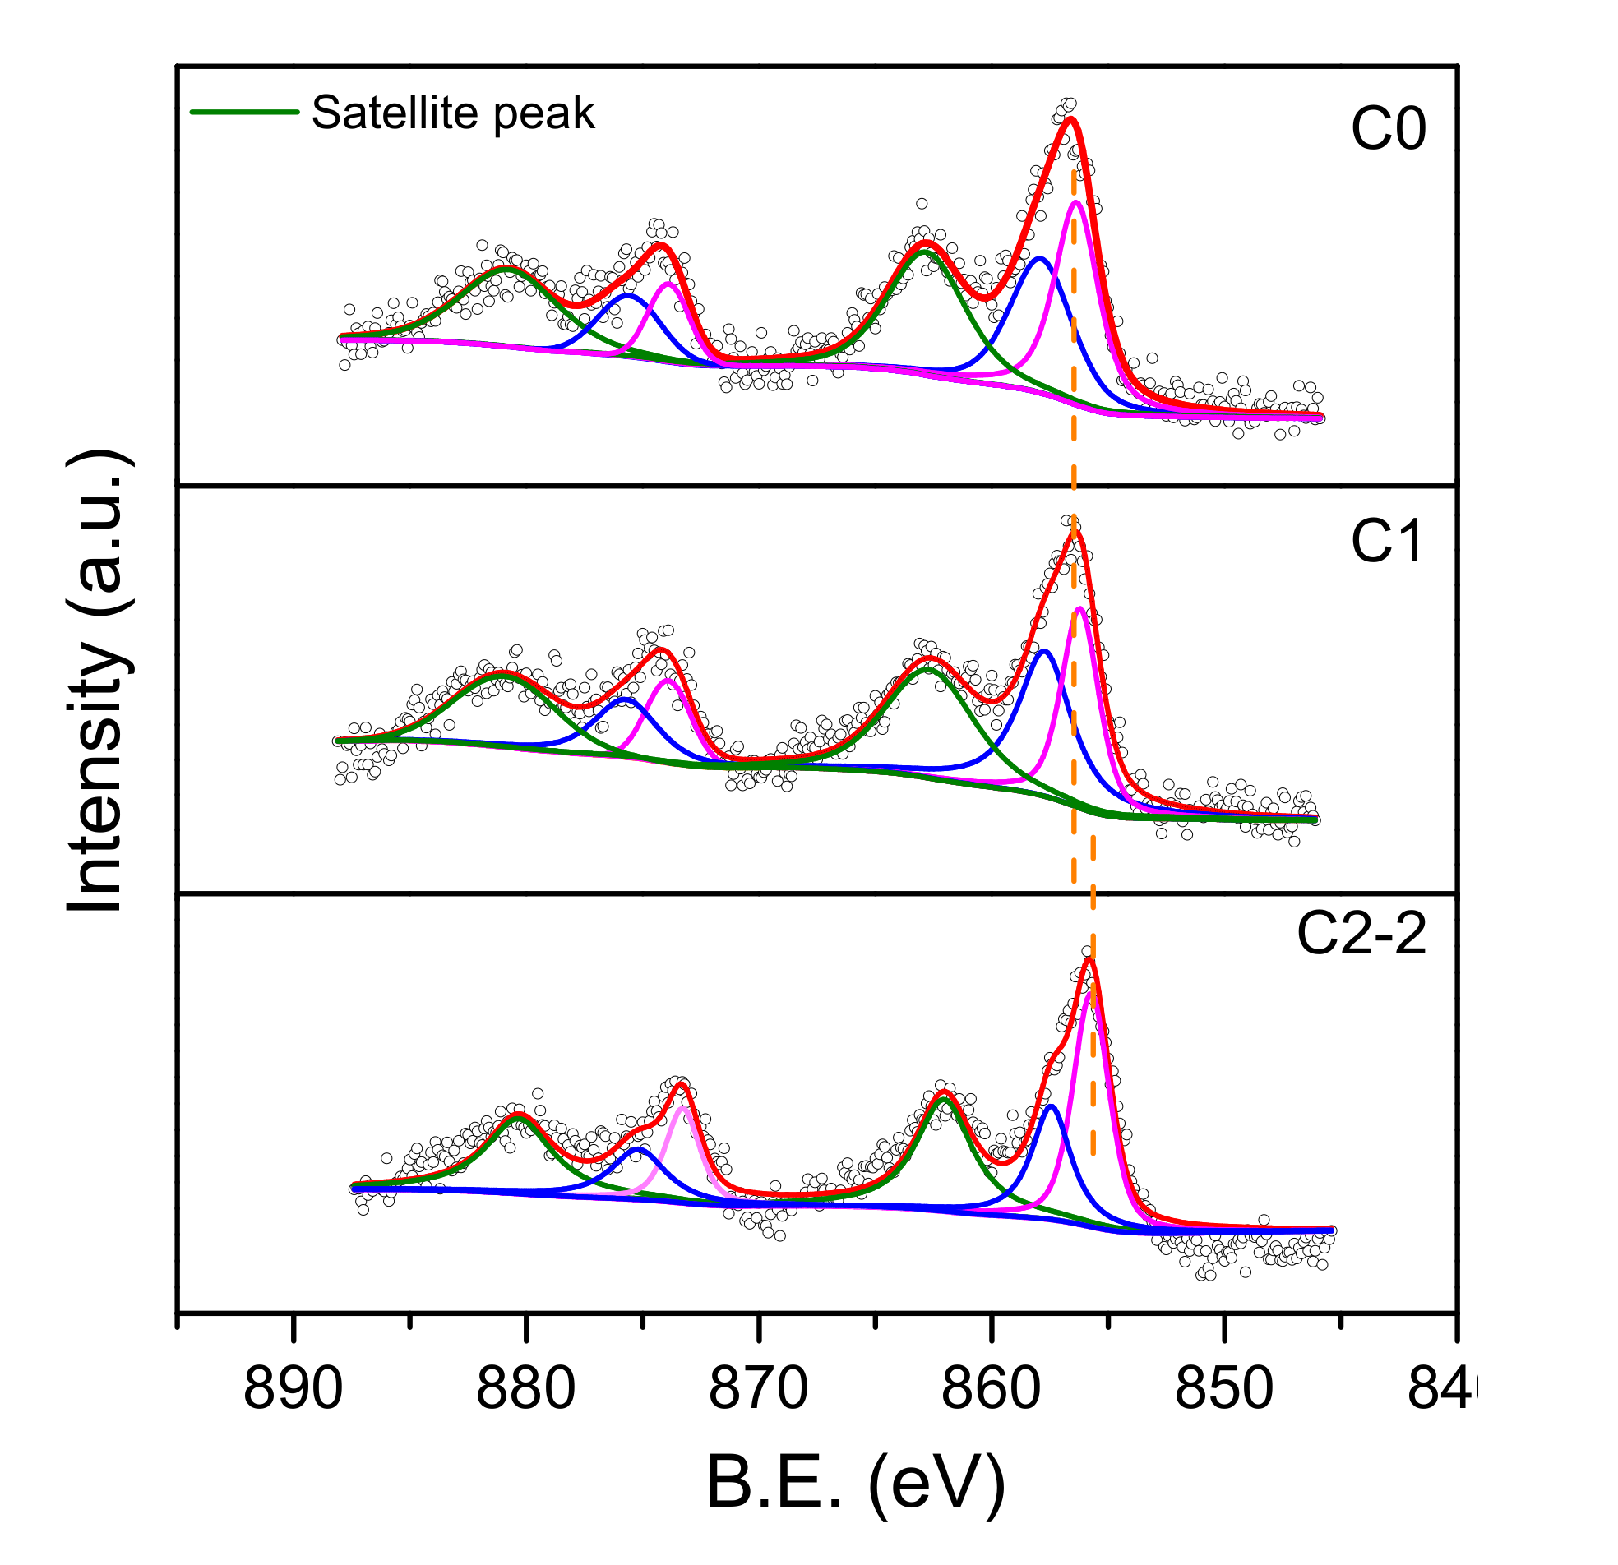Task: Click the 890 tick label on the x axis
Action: click(x=292, y=1388)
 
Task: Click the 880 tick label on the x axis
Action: click(x=525, y=1388)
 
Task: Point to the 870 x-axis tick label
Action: click(x=758, y=1388)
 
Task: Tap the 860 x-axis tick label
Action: click(x=991, y=1388)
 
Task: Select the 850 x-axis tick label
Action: click(x=1224, y=1388)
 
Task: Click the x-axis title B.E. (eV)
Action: click(x=856, y=1483)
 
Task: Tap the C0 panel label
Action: click(x=1388, y=130)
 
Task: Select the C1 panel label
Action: click(x=1387, y=542)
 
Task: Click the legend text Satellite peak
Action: click(x=452, y=113)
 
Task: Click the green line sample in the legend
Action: click(x=244, y=111)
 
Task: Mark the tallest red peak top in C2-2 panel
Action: click(x=1089, y=958)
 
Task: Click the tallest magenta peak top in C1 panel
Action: click(x=1079, y=608)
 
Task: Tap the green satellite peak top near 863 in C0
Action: click(x=927, y=252)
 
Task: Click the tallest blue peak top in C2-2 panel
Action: click(x=1051, y=1106)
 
